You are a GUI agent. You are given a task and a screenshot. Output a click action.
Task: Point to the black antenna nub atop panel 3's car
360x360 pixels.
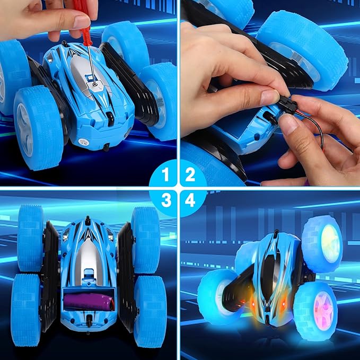tap(87, 221)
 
